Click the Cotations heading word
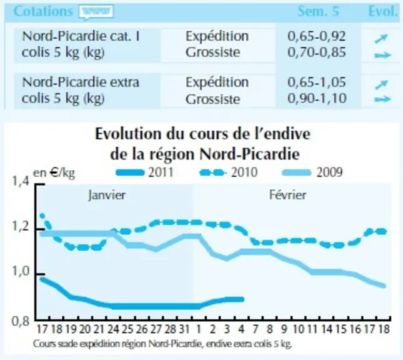[43, 11]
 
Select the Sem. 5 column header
[318, 11]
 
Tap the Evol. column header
[383, 11]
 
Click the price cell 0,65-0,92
[317, 36]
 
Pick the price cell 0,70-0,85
[317, 52]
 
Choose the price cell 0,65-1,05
[317, 82]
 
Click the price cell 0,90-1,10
[317, 99]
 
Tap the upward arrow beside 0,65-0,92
[381, 39]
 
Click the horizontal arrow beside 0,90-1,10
[383, 99]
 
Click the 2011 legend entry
[145, 172]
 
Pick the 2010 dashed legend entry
[229, 172]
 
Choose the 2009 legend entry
[312, 172]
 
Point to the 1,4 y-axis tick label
[21, 181]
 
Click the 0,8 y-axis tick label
[21, 321]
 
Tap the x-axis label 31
[184, 329]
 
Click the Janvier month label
[107, 195]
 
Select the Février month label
[287, 195]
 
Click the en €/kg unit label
[54, 173]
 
